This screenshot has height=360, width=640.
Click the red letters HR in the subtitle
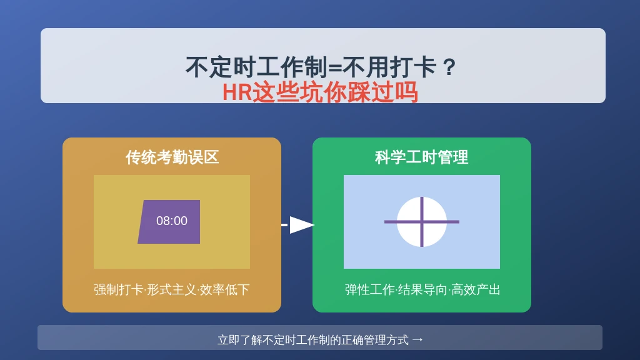tap(237, 92)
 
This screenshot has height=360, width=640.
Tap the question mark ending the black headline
tap(449, 67)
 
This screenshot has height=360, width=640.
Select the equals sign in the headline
tap(335, 67)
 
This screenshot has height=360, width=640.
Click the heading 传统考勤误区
tap(172, 157)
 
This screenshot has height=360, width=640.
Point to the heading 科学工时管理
tap(422, 157)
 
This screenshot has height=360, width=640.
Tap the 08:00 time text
tap(172, 221)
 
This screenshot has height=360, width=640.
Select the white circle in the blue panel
tap(422, 222)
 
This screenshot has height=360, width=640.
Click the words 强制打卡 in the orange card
tap(118, 290)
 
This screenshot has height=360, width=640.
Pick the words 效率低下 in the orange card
tap(224, 290)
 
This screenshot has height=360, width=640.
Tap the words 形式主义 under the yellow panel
tap(171, 290)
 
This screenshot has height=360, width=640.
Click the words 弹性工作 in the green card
tap(370, 290)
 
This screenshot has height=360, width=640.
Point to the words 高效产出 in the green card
tap(476, 290)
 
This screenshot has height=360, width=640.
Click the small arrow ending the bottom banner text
tap(417, 339)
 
